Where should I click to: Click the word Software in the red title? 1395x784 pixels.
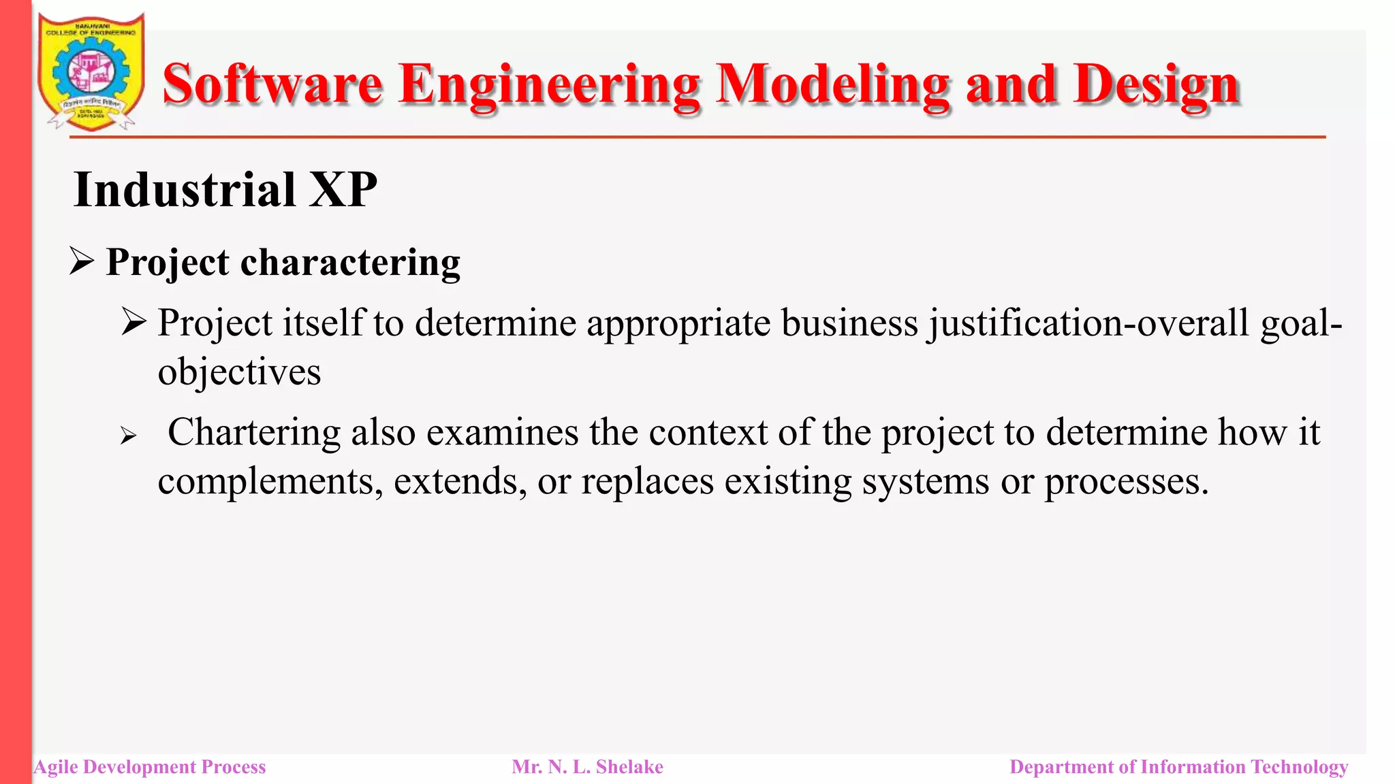point(272,84)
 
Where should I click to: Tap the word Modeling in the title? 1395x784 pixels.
point(832,84)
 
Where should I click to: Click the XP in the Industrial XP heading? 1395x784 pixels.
point(343,190)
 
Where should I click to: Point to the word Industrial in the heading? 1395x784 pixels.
point(185,190)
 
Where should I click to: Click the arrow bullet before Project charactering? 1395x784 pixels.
point(82,262)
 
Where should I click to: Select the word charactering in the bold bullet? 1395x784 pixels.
point(350,263)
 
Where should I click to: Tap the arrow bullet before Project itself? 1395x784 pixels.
point(134,322)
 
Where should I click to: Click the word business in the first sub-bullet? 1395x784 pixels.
point(849,323)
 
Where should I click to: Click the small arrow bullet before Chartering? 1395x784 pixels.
point(128,436)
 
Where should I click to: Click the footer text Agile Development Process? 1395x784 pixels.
point(150,767)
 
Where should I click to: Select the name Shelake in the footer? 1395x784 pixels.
point(629,767)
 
